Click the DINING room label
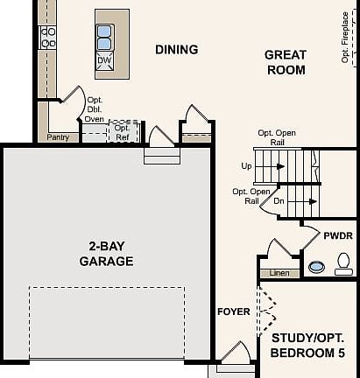[x=176, y=50]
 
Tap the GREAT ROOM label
[x=285, y=62]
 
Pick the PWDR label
[x=337, y=236]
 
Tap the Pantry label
[x=58, y=137]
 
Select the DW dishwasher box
[x=104, y=59]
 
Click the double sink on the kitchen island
[x=104, y=38]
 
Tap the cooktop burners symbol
[x=49, y=36]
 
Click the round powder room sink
[x=315, y=267]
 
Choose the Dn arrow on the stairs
[x=293, y=200]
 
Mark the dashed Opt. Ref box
[x=123, y=132]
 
